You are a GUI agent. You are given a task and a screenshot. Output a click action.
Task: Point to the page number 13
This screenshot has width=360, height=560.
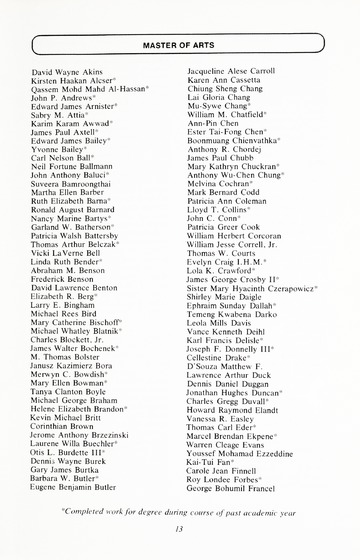[x=180, y=530]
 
